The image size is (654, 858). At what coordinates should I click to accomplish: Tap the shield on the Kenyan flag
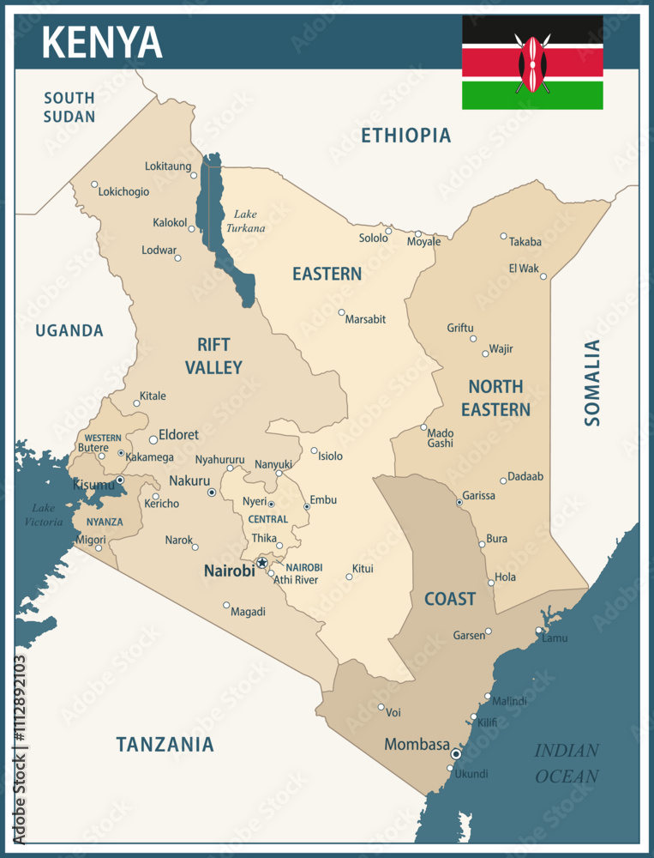532,63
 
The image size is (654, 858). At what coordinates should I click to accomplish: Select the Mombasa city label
417,744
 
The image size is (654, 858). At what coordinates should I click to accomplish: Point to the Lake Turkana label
244,221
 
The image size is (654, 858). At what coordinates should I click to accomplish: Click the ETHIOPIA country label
405,135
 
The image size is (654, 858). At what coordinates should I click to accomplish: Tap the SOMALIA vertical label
592,383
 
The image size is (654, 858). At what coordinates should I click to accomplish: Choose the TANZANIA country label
165,744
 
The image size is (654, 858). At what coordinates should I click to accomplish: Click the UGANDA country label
69,330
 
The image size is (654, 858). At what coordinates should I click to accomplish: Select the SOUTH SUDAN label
69,107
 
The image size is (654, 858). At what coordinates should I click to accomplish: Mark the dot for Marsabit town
341,312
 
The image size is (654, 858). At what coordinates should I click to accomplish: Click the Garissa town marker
459,502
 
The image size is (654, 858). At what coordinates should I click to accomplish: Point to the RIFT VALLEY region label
213,356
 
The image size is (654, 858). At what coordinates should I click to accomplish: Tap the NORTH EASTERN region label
495,398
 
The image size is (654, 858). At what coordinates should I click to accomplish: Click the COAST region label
450,599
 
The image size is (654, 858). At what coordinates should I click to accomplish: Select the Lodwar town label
158,251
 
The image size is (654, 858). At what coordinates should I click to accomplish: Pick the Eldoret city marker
153,439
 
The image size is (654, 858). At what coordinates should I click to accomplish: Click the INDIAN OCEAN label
567,763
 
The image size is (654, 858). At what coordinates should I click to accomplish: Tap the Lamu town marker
539,631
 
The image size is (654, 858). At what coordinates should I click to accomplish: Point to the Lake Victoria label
44,515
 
